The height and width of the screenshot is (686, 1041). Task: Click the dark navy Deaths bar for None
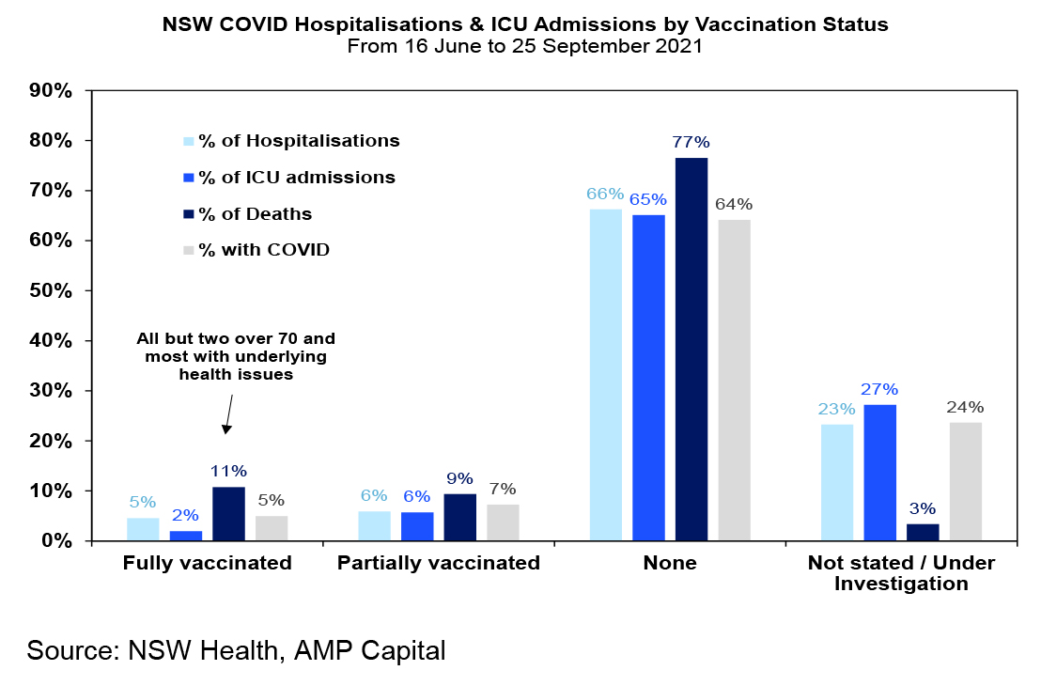click(x=691, y=350)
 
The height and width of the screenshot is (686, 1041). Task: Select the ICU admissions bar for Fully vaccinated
click(x=186, y=536)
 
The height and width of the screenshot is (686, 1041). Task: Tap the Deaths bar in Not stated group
click(x=923, y=533)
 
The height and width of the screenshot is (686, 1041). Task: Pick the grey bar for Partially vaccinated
click(x=503, y=522)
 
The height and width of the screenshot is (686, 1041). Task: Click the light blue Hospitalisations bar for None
click(x=606, y=375)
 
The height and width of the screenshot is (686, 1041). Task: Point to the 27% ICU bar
click(x=880, y=473)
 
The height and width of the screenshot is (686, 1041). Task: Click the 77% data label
click(x=691, y=142)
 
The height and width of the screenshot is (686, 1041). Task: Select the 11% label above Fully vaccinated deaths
click(x=228, y=472)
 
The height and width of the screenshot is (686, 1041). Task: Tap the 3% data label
click(x=923, y=509)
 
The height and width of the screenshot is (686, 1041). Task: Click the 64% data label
click(x=734, y=205)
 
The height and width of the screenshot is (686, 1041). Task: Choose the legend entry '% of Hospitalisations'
click(x=292, y=141)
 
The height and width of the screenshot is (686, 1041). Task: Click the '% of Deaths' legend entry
click(x=248, y=214)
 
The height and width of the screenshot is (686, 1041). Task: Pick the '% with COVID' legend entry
click(x=256, y=250)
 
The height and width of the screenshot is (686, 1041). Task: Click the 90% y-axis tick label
click(x=51, y=90)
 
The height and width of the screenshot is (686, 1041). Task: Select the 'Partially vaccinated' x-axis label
click(x=439, y=563)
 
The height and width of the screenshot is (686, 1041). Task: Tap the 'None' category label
click(x=670, y=563)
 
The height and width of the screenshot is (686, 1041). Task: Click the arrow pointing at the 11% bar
click(x=229, y=414)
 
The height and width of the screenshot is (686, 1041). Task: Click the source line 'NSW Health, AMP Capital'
click(x=287, y=650)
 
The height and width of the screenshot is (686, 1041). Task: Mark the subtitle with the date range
click(x=524, y=46)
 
